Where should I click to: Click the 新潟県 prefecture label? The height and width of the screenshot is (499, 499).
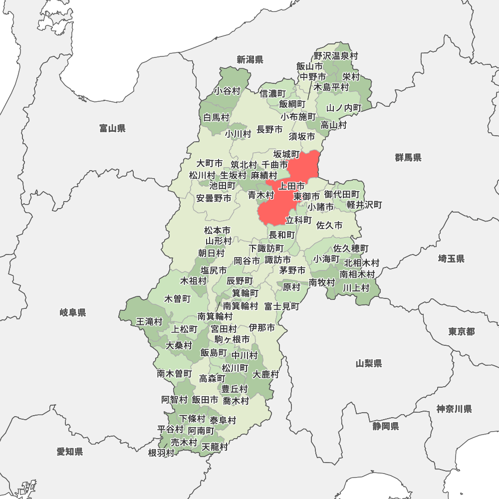(250, 60)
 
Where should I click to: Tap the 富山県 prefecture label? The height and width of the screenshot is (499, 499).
(112, 129)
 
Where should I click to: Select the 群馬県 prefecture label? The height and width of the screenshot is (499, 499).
(408, 158)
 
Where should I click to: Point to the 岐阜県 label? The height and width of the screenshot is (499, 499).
(73, 313)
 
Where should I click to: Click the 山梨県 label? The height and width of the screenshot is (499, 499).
(369, 363)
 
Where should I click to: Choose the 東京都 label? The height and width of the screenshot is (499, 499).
(461, 332)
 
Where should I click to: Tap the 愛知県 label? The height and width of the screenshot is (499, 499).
(70, 452)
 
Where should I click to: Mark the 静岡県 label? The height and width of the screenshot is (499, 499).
(385, 426)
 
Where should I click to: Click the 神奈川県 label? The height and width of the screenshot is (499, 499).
(454, 409)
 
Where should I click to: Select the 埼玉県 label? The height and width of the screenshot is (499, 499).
(451, 258)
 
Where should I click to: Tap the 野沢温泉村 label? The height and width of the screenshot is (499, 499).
(336, 56)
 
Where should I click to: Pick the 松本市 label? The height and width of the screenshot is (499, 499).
(217, 231)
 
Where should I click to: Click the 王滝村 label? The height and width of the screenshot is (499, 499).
(149, 322)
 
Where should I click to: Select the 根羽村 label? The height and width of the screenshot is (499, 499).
(161, 453)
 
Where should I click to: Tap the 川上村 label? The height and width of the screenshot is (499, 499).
(356, 287)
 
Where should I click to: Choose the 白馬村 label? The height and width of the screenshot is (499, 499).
(216, 118)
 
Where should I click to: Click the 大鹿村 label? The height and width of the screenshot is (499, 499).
(266, 374)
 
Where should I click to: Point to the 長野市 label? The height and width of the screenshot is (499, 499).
(269, 130)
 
